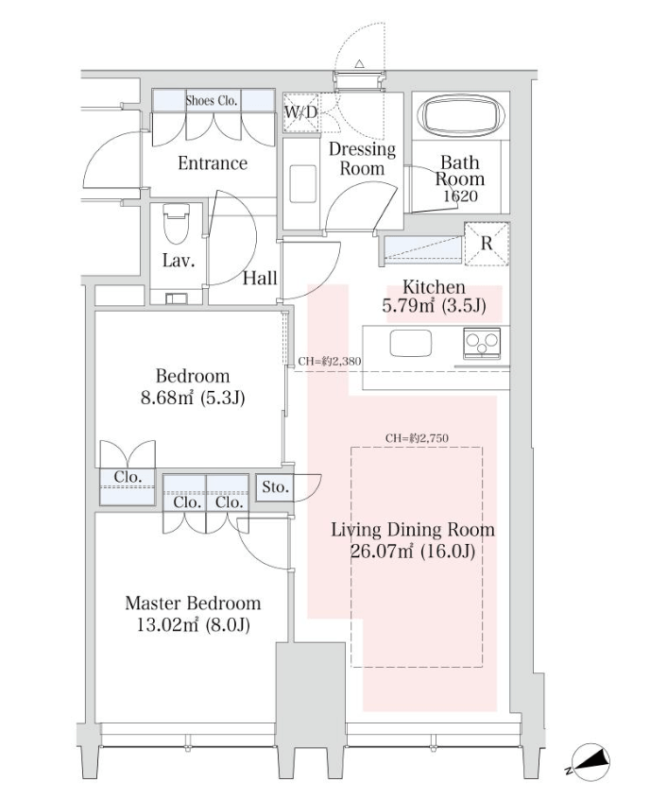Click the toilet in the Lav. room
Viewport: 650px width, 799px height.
click(x=177, y=224)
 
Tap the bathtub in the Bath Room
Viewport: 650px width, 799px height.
click(x=461, y=115)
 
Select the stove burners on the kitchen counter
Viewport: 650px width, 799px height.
click(x=482, y=341)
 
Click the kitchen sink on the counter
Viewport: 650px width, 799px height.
click(x=410, y=343)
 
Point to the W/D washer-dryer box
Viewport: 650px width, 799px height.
click(x=300, y=112)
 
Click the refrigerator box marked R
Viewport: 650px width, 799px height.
click(x=487, y=244)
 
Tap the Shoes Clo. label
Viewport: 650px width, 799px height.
click(x=212, y=100)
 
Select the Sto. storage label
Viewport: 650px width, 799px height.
click(x=275, y=487)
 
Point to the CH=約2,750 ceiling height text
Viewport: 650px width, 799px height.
click(x=417, y=438)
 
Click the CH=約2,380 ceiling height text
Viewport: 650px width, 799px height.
click(x=330, y=362)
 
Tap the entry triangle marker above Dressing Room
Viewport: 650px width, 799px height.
click(x=359, y=63)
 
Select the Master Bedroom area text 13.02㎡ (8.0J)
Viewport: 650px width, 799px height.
click(x=194, y=624)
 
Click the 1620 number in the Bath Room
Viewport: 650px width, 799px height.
click(x=460, y=196)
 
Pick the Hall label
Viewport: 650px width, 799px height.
click(x=260, y=279)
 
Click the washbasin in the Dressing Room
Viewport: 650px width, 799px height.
click(x=303, y=183)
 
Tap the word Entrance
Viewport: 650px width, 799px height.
click(x=213, y=163)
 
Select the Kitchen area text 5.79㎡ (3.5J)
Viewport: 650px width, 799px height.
click(x=434, y=306)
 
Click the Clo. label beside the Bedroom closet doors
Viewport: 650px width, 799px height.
click(x=128, y=477)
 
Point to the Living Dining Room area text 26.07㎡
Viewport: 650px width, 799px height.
click(x=382, y=552)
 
